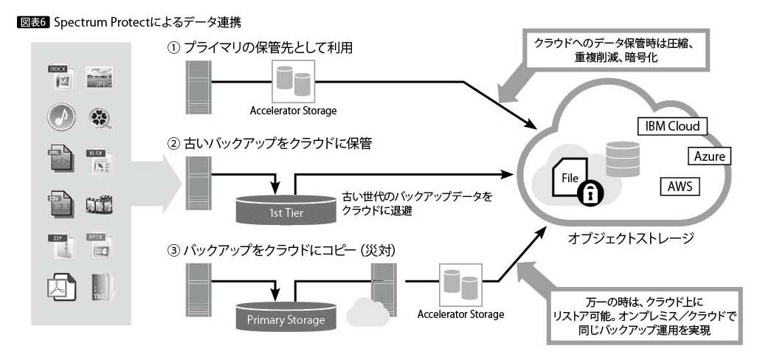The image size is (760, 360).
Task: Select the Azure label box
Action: click(x=709, y=156)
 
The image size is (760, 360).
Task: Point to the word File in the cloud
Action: click(x=571, y=178)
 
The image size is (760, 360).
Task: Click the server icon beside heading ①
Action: click(x=196, y=82)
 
